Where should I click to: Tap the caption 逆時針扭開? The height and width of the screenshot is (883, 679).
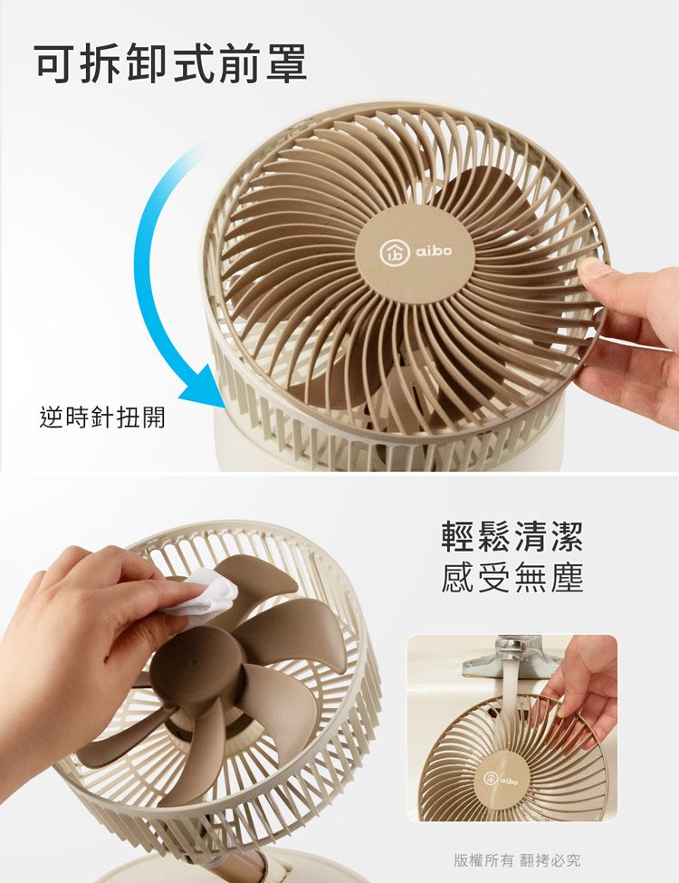click(x=102, y=418)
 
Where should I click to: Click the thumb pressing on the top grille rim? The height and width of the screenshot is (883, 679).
click(x=598, y=268)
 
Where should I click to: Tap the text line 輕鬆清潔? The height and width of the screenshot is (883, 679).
click(x=512, y=536)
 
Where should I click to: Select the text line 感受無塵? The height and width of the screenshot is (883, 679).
click(x=512, y=578)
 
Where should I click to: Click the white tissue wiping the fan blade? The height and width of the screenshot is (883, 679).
click(x=207, y=594)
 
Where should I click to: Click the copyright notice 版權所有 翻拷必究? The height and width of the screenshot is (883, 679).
click(x=517, y=859)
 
